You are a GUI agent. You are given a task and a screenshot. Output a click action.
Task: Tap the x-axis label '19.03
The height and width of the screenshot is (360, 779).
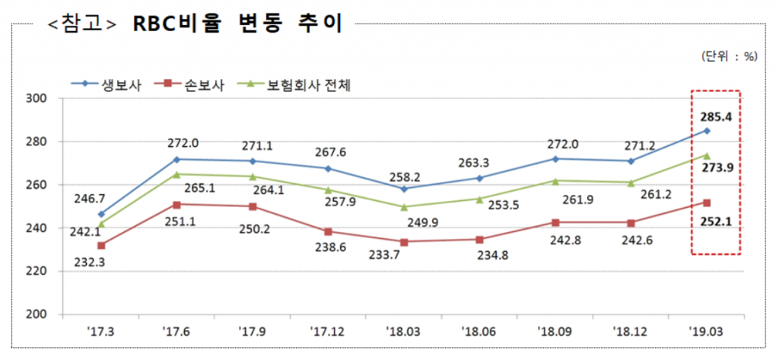pos(707,333)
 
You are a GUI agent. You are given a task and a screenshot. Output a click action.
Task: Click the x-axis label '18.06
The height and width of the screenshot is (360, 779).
pos(480,333)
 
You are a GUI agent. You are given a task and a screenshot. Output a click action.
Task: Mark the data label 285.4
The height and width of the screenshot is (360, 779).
pos(716,117)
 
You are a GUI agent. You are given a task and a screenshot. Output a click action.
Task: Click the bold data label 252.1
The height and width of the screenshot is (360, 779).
pos(716,221)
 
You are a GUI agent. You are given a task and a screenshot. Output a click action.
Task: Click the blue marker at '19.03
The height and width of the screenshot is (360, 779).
pos(707,131)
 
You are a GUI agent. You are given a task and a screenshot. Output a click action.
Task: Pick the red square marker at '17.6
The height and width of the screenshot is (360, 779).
pos(177,205)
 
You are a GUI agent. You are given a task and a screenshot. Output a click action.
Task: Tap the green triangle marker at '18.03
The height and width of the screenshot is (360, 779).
pos(403,206)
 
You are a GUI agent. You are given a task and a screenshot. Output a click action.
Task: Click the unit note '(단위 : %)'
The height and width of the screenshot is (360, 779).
pos(729,56)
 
